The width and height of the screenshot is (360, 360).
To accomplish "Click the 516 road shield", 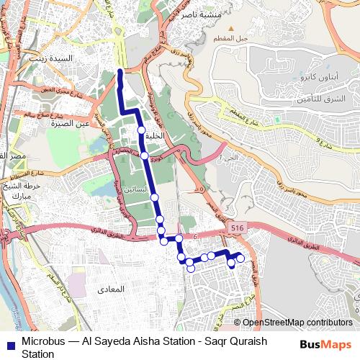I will pyautogui.click(x=237, y=228).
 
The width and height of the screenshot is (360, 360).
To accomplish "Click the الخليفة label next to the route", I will pyautogui.click(x=155, y=135).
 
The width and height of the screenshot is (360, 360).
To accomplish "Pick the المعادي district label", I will pyautogui.click(x=108, y=289).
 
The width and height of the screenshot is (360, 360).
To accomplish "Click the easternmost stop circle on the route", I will pyautogui.click(x=240, y=258).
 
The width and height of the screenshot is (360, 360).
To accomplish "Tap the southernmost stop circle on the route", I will pyautogui.click(x=191, y=269).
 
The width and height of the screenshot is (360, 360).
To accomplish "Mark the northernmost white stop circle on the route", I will pyautogui.click(x=141, y=130).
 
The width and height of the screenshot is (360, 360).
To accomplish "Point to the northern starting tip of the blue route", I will pyautogui.click(x=120, y=71).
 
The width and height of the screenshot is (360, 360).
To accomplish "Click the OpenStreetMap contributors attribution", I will pyautogui.click(x=297, y=323).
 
